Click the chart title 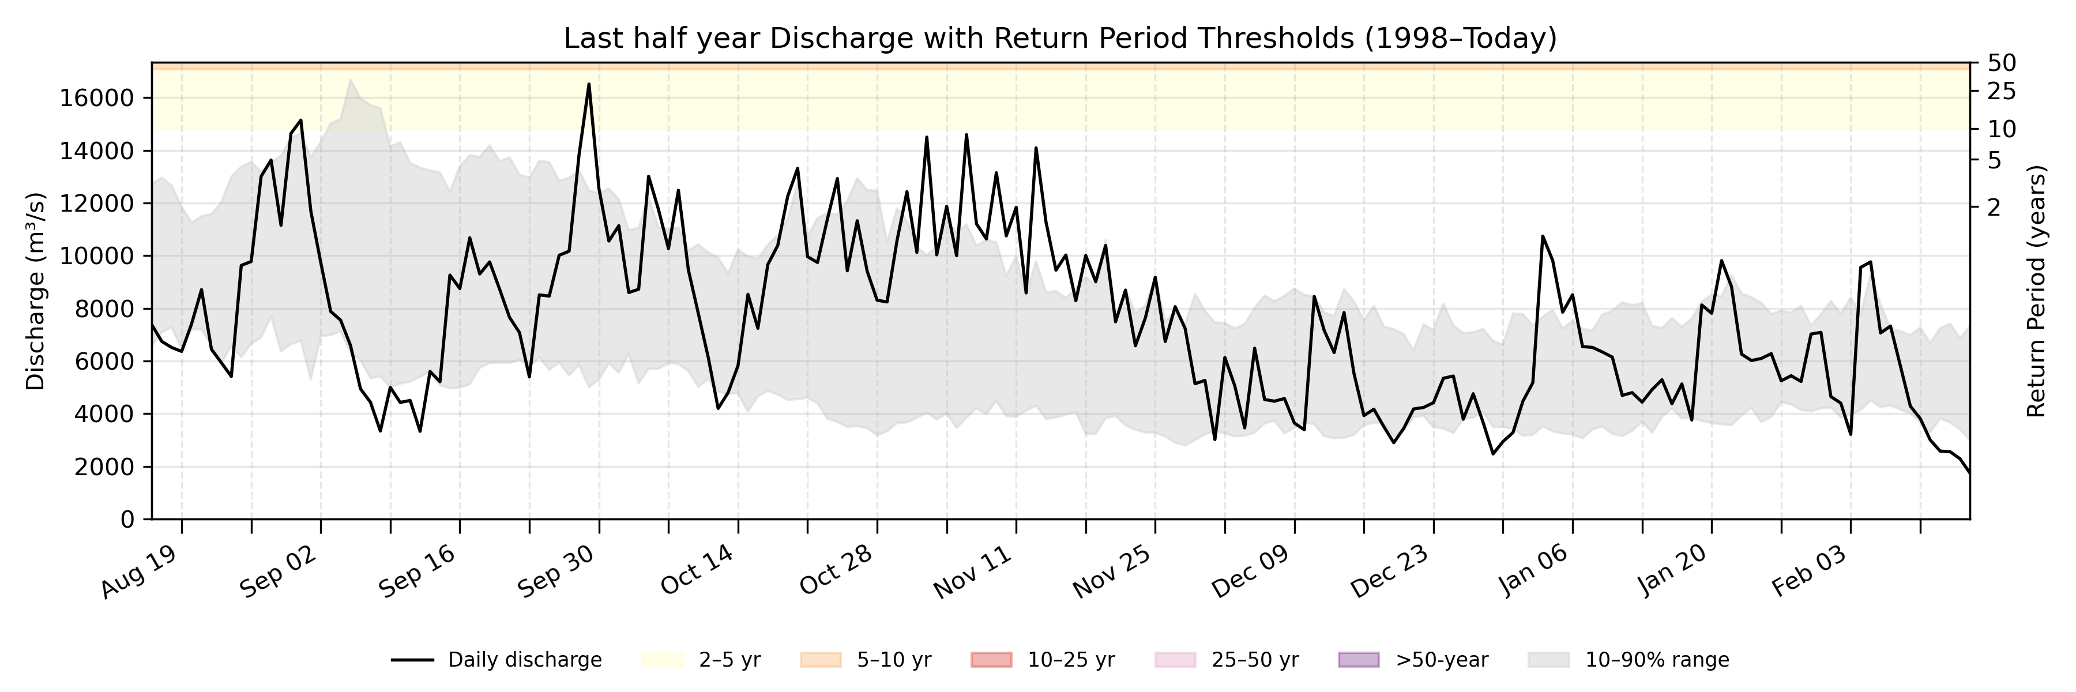tap(1060, 38)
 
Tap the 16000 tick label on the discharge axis tap(96, 98)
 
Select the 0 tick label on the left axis tap(127, 520)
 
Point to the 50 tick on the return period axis tap(2002, 63)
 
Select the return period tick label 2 tap(1994, 208)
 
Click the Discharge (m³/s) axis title tap(35, 292)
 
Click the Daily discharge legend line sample tap(413, 660)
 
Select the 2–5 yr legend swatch tap(663, 660)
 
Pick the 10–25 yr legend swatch tap(991, 660)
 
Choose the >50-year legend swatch tap(1359, 660)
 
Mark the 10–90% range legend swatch tap(1548, 660)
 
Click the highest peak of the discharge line tap(588, 84)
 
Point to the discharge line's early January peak tap(1543, 236)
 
